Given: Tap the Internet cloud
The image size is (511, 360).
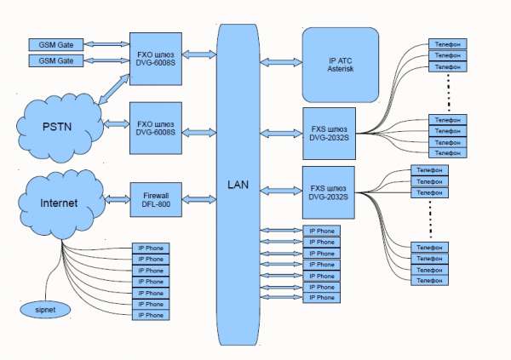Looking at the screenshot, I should (58, 203).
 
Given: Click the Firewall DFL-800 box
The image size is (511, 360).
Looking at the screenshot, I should (156, 199).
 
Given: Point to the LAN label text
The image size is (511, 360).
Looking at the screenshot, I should (238, 184).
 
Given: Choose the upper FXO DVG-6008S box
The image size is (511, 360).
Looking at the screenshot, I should (156, 59).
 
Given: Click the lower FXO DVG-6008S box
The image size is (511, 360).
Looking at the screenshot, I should (156, 128).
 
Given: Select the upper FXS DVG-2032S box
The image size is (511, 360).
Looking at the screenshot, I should (330, 132).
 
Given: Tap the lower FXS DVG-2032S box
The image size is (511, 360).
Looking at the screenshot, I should (330, 191).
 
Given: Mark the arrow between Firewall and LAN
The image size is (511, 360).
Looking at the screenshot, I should (200, 199).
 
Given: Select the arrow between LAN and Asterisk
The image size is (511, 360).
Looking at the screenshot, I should (282, 61).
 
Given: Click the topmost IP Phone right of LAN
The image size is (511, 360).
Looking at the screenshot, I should (322, 231).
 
